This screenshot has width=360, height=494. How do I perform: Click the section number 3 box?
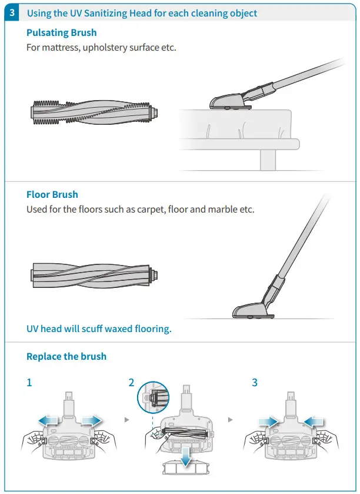coord(14,13)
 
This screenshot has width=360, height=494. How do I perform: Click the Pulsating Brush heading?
coord(62,33)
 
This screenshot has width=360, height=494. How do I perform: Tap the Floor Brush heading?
coord(52,194)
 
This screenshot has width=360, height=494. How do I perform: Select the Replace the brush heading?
coord(66,357)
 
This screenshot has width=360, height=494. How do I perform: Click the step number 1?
coord(29,383)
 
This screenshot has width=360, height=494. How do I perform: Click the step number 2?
coord(131,383)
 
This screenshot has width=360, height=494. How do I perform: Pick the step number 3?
coord(255,383)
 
